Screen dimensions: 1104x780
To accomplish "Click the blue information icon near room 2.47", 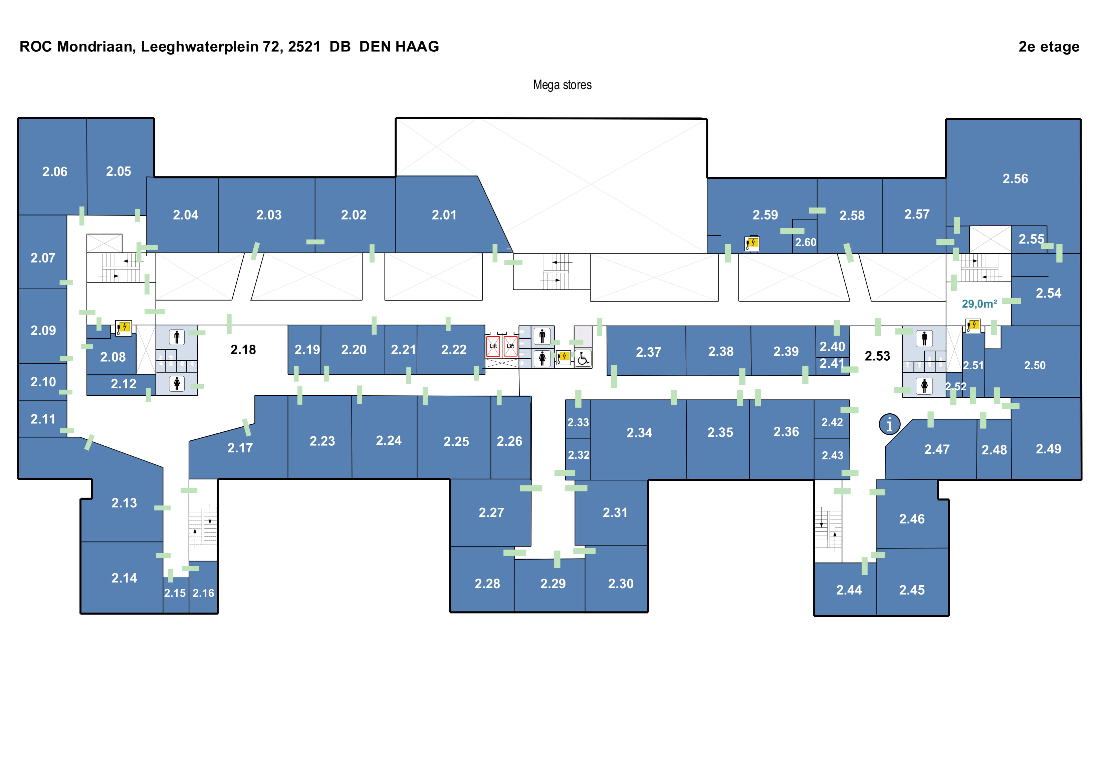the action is tap(890, 424).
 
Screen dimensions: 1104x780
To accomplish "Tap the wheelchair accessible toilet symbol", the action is tap(583, 358).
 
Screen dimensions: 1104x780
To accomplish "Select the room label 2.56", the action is tap(1015, 179).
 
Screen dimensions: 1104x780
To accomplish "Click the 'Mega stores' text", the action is tap(562, 85).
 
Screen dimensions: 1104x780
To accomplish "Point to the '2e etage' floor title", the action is tap(1049, 47).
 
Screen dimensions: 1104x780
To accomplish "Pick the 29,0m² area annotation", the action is tap(979, 304).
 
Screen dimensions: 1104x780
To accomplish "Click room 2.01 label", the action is tap(444, 215).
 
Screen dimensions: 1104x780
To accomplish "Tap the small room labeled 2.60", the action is tap(806, 242).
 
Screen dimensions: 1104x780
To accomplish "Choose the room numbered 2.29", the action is tap(553, 583).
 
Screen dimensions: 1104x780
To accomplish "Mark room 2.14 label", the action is tap(124, 578).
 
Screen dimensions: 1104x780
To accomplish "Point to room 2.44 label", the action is tap(849, 590).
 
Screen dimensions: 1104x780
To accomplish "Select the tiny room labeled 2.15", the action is tap(175, 593).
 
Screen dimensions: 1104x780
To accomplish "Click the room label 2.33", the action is tap(578, 422).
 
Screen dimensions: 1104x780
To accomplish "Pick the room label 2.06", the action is tap(54, 171).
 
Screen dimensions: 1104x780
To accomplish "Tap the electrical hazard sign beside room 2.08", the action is tap(124, 328).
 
